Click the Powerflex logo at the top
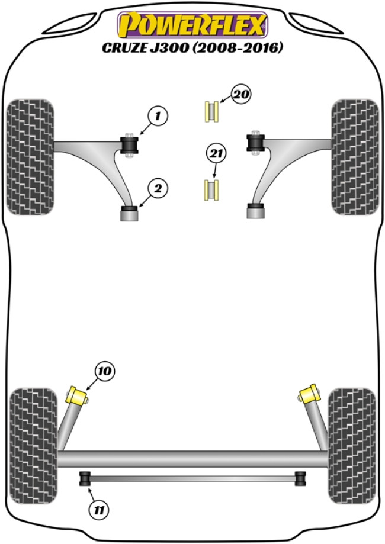click(192, 25)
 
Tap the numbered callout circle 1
click(158, 117)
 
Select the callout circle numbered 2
click(158, 189)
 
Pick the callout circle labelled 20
click(242, 95)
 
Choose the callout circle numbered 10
click(104, 372)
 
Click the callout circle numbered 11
click(101, 507)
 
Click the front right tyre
click(355, 157)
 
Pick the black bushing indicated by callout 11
click(85, 478)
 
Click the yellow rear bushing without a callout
click(307, 393)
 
